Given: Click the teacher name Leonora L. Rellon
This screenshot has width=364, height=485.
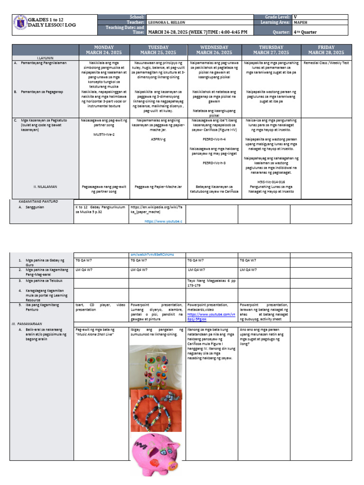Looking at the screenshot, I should click(167, 22).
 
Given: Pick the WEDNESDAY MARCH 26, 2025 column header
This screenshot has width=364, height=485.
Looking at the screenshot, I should click(214, 50).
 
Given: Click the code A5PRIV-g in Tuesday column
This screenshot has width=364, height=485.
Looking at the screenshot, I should click(158, 140).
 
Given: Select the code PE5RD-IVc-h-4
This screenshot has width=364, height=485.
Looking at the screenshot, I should click(214, 139).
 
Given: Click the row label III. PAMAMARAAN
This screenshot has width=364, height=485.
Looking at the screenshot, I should click(24, 323).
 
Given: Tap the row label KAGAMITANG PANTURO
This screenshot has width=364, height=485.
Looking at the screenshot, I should click(35, 201).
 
